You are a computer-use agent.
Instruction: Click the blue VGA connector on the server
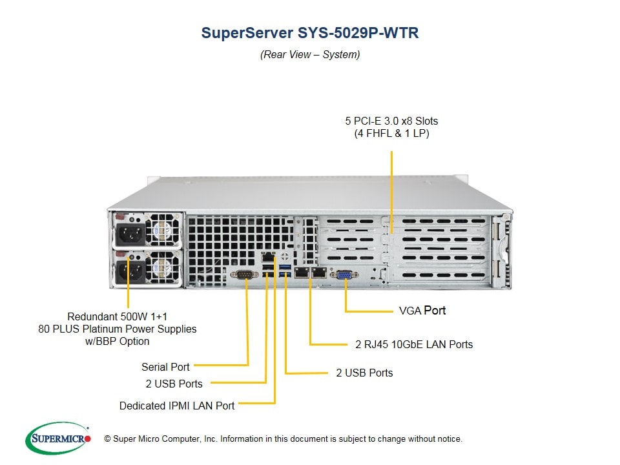coord(344,274)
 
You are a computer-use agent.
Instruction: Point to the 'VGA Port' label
coord(422,311)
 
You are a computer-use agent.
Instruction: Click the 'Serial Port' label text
coord(165,367)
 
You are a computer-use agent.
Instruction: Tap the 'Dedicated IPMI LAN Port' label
coord(177,406)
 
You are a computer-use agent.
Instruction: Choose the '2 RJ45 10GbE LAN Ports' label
coord(414,344)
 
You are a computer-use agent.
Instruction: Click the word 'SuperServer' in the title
coord(246,33)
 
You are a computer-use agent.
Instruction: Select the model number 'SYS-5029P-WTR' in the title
coord(357,33)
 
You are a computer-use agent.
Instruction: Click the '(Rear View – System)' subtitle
coord(310,55)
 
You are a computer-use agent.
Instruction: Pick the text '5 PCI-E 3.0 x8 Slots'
coord(391,121)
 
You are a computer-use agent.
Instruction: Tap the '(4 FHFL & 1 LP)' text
coord(391,134)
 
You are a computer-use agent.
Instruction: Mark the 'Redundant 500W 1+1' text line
coord(117,316)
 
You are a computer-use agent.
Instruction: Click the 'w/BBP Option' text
coord(117,341)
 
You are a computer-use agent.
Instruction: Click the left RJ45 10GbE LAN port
coord(300,273)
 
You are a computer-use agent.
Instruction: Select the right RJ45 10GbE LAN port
coord(318,273)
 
